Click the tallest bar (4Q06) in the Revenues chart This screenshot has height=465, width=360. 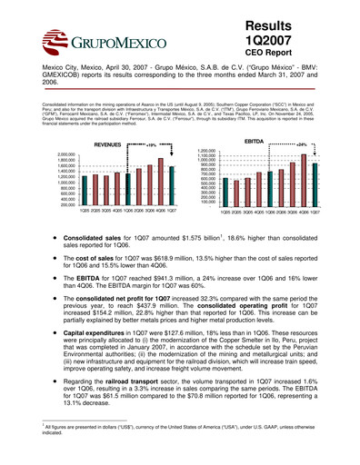[160, 180]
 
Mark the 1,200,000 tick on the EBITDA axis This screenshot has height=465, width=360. [203, 151]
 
